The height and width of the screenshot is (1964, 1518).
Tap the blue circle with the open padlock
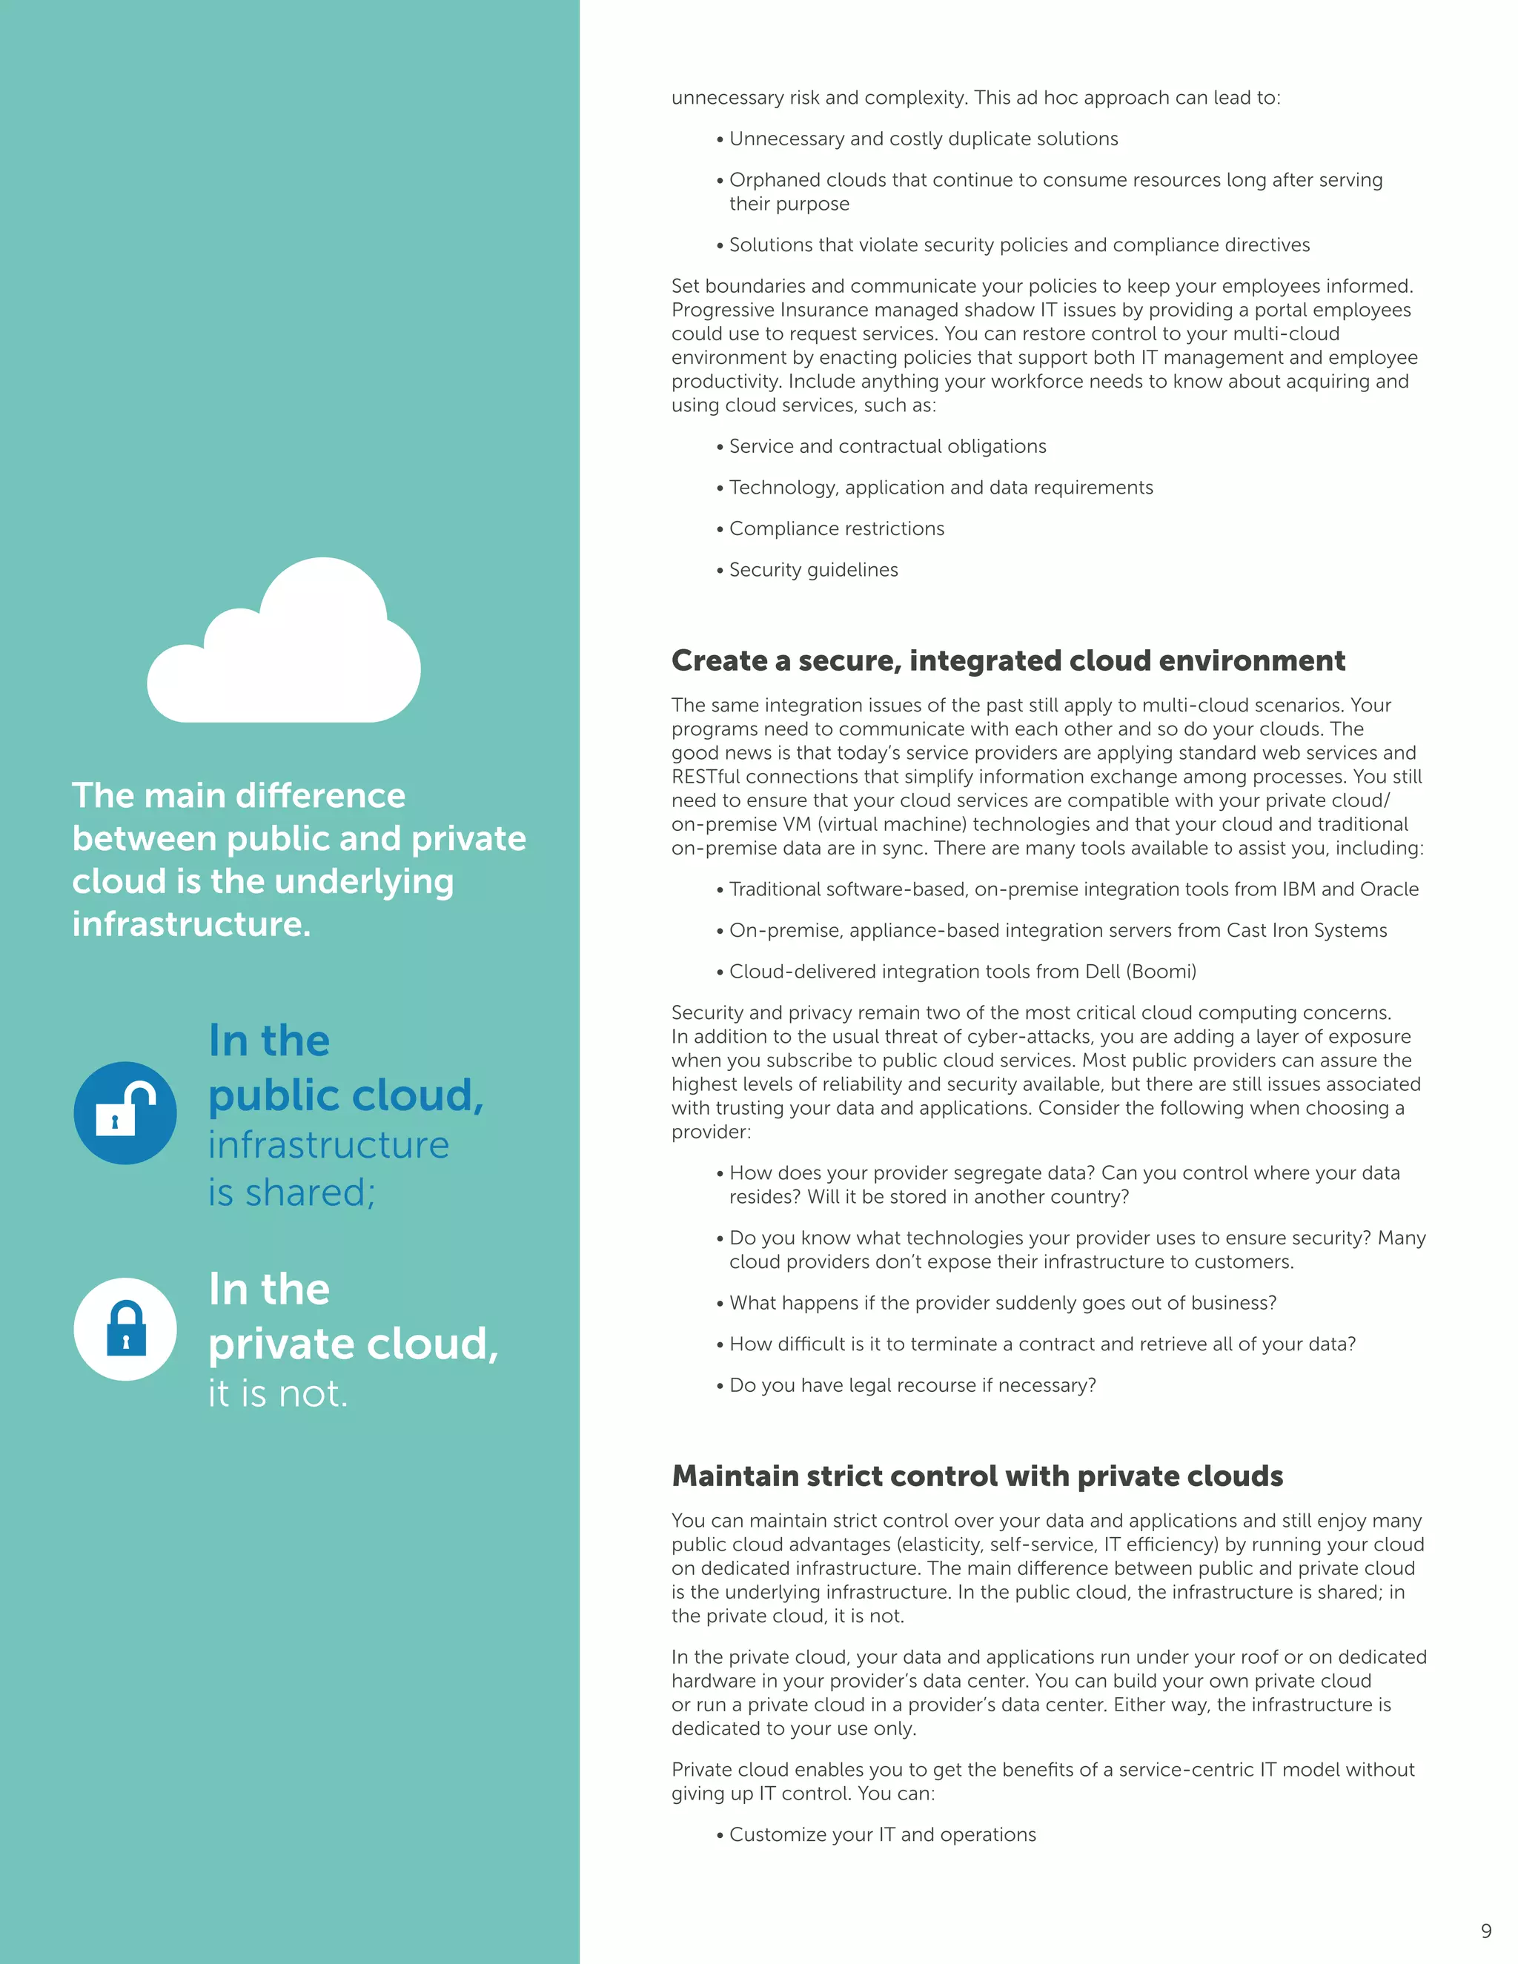125,1113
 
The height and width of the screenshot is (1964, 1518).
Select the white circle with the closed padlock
125,1329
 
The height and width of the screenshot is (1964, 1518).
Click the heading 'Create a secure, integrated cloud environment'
1008,660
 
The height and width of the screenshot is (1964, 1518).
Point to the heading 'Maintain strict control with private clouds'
977,1476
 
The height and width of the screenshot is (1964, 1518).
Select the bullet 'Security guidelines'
813,569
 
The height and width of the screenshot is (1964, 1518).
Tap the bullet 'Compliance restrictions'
836,528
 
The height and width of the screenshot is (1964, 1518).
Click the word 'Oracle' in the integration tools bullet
1390,889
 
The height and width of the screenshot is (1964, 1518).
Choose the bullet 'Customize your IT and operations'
882,1834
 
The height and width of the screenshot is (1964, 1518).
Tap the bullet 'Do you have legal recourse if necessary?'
912,1385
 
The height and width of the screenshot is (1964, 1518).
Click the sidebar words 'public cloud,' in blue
346,1095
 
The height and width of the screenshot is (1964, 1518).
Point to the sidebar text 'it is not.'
278,1393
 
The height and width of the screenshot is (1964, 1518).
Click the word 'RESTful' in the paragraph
706,776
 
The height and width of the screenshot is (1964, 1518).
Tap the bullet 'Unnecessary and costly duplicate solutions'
923,139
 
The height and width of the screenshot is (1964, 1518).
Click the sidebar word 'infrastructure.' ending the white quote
191,923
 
